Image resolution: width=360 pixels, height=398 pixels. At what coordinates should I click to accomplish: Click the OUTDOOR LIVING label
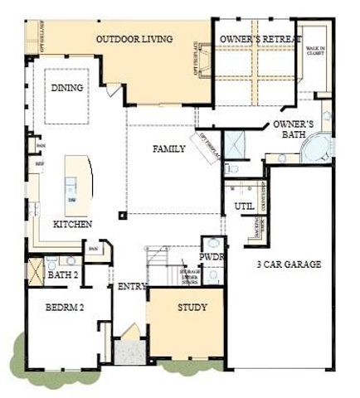click(134, 39)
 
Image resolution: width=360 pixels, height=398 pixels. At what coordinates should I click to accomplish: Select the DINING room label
click(66, 87)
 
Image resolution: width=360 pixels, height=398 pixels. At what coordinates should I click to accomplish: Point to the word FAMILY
click(168, 149)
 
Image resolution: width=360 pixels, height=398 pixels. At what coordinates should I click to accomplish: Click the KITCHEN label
click(73, 224)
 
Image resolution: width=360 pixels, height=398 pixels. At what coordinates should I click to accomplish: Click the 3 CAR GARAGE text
click(289, 265)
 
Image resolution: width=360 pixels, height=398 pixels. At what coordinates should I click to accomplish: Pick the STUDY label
click(192, 308)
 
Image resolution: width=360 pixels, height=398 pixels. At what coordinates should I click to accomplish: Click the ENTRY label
click(132, 287)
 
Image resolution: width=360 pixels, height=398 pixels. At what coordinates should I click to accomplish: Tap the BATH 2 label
click(61, 274)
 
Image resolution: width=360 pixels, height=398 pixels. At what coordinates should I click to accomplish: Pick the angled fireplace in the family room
click(207, 146)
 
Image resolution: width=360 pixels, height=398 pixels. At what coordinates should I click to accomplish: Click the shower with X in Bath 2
click(35, 270)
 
